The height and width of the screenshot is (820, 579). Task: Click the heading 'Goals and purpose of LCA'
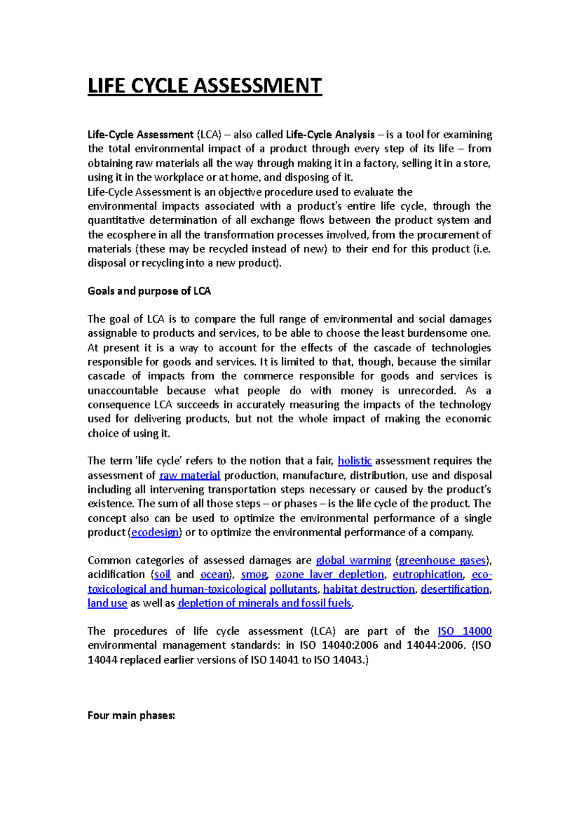[149, 291]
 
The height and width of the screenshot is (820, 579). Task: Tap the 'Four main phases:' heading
[131, 716]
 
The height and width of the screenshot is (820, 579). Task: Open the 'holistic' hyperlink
[355, 461]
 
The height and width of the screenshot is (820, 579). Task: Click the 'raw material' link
[190, 475]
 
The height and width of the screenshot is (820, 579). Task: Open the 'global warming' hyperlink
[353, 560]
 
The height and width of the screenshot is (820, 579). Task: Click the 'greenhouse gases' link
[442, 560]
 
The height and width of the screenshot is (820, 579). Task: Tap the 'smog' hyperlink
[254, 575]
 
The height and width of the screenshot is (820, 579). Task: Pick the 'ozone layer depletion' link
[330, 575]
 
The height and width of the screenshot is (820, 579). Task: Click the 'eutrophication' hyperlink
[427, 575]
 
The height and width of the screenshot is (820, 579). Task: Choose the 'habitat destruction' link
[369, 589]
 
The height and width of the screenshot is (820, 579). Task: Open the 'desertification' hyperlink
[455, 589]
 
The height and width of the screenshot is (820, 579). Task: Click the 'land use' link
[107, 603]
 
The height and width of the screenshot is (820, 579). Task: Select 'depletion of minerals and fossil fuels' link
[264, 603]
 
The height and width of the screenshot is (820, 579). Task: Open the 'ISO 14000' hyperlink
[465, 631]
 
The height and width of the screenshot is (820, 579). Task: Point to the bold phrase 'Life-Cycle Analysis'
[330, 135]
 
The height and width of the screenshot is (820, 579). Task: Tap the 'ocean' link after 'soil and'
[215, 575]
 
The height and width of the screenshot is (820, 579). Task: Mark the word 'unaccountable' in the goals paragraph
[123, 391]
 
